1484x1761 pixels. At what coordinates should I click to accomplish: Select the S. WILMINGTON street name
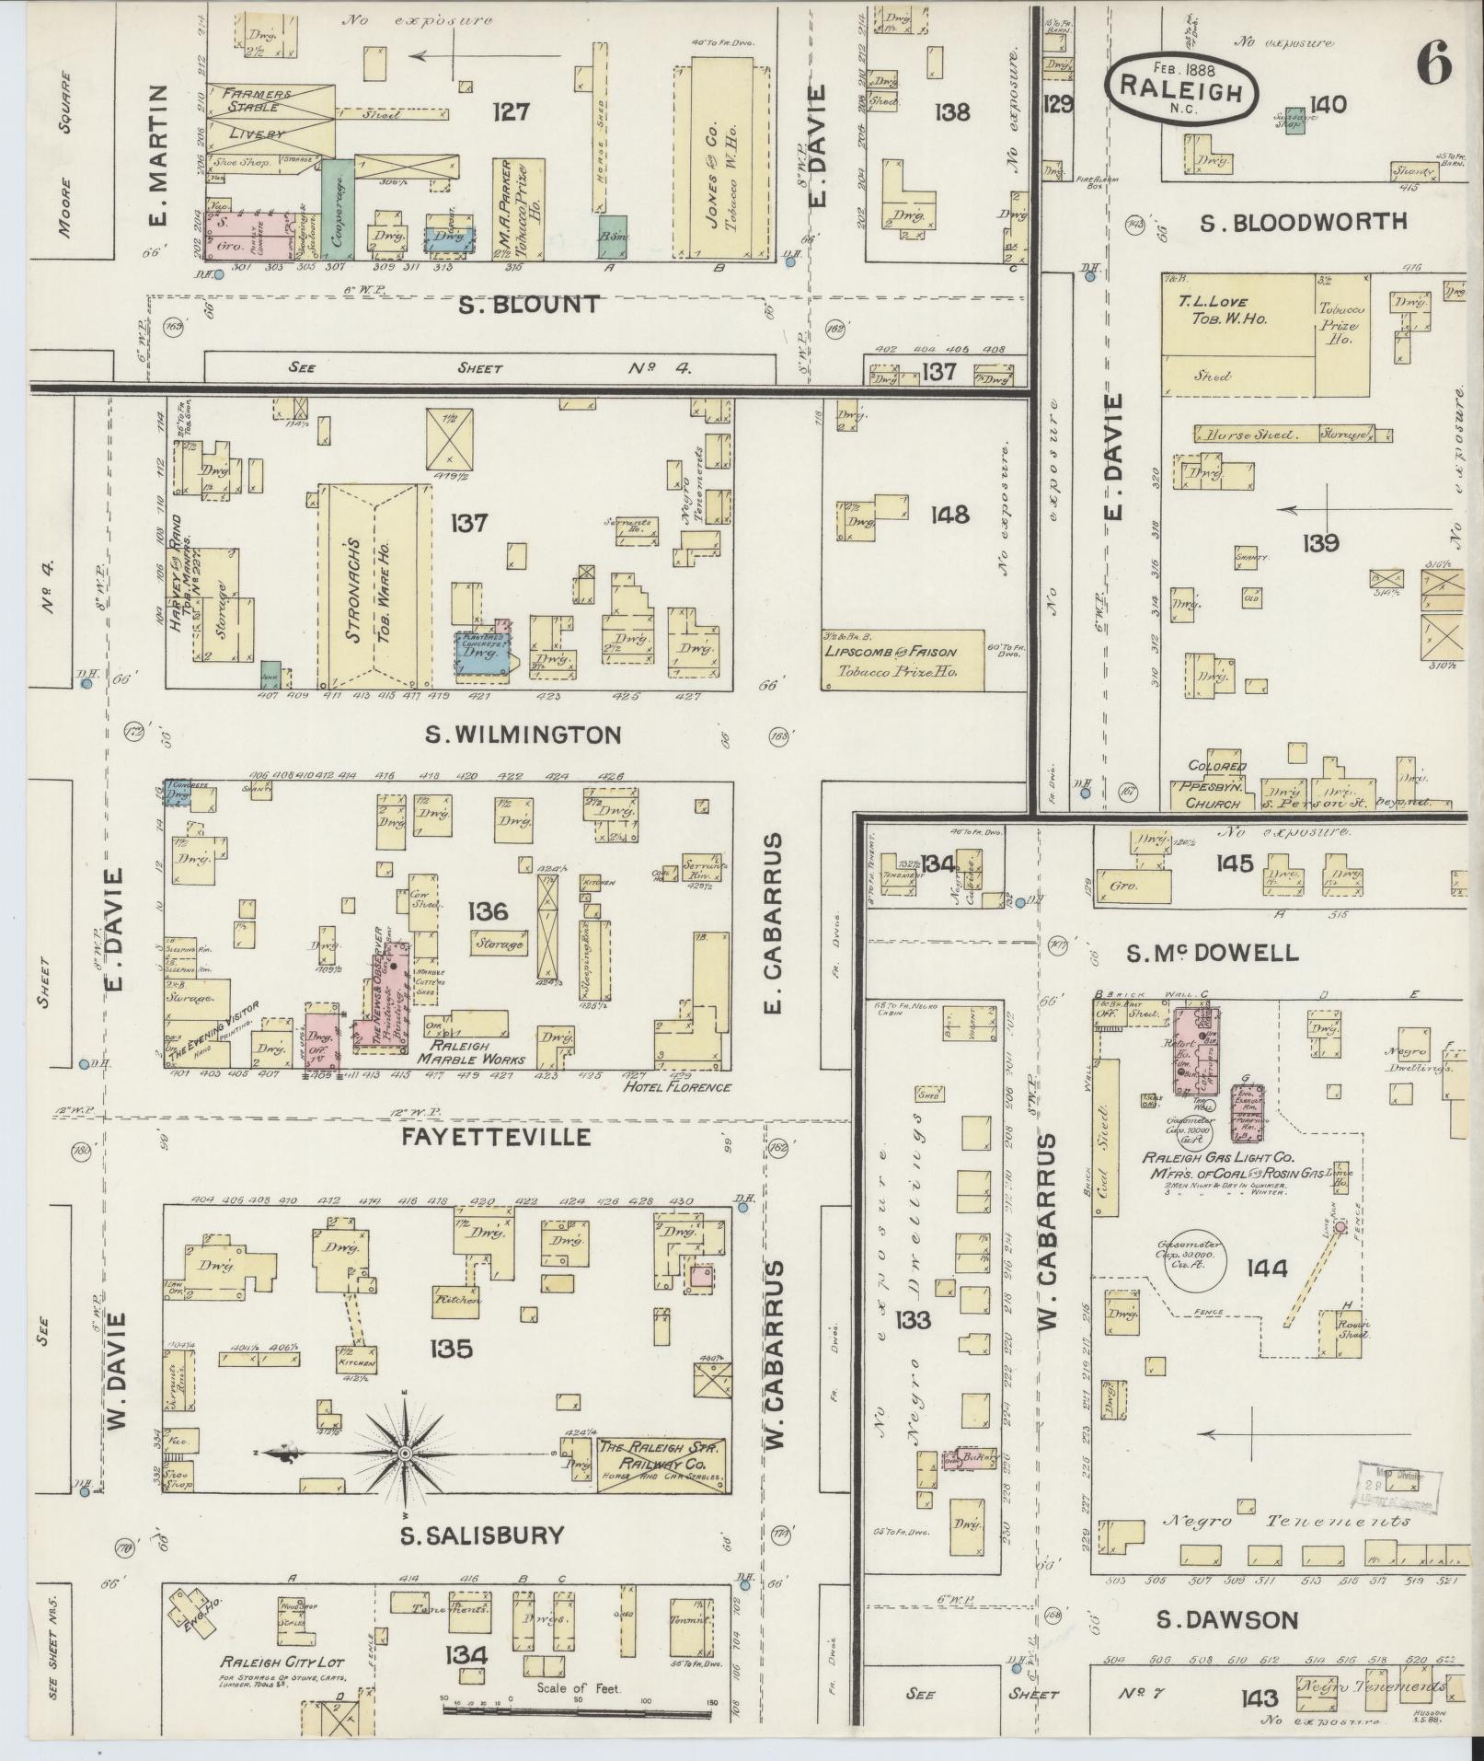click(x=523, y=735)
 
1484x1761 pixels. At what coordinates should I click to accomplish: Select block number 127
click(x=512, y=111)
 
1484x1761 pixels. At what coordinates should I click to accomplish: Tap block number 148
click(x=949, y=515)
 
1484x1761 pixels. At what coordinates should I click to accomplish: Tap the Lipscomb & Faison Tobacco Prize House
click(x=902, y=659)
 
